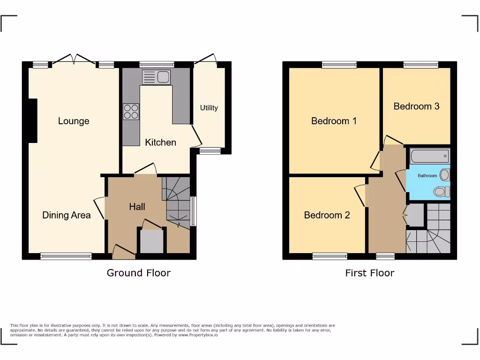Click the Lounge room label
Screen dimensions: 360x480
coord(74,121)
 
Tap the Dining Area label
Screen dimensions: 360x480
coord(66,215)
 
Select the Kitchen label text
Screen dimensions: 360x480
coord(160,142)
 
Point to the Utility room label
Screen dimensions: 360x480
coord(209,108)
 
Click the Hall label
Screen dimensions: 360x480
coord(137,207)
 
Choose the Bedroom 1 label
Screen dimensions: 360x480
coord(334,121)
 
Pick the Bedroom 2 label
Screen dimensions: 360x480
coord(327,215)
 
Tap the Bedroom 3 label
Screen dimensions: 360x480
coord(416,106)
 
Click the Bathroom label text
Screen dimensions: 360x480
coord(427,176)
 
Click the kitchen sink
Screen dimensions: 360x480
coord(157,77)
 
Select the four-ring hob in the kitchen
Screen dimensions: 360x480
coord(131,111)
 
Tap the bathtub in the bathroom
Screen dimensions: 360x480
coord(429,156)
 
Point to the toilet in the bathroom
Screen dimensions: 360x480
coord(441,191)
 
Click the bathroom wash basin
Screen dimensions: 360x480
coord(445,175)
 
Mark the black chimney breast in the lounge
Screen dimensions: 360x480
coord(32,120)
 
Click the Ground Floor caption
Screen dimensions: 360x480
coord(138,273)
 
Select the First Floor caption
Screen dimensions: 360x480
coord(369,273)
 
